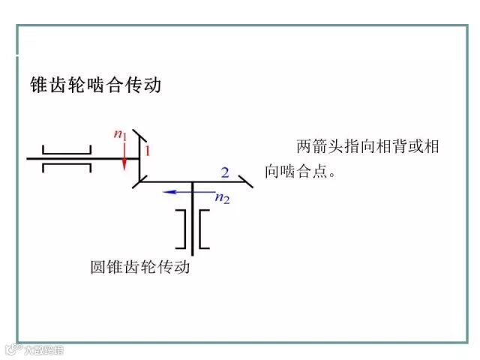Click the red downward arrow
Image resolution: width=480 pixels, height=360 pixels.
coord(123,153)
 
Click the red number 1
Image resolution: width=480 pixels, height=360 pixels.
coord(148,151)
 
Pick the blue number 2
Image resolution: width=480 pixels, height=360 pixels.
coord(224,172)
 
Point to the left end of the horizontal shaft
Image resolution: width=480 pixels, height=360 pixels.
coord(28,158)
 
